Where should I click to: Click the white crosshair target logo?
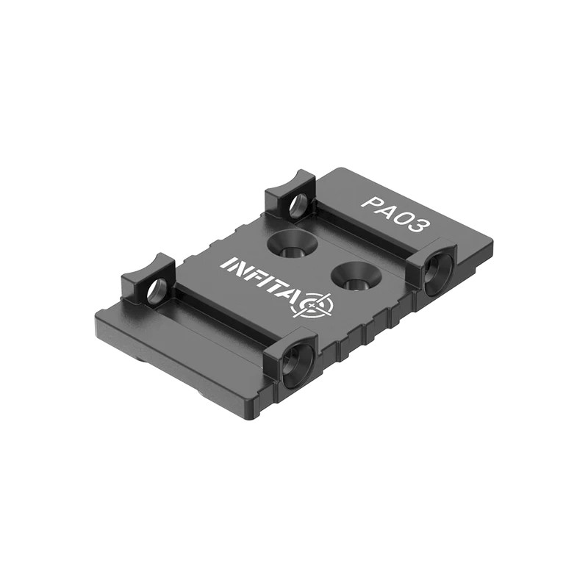point(317,304)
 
